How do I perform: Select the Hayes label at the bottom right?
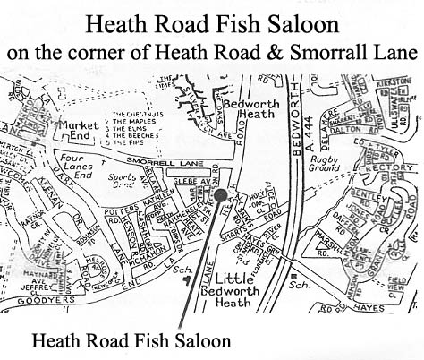[381, 307]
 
